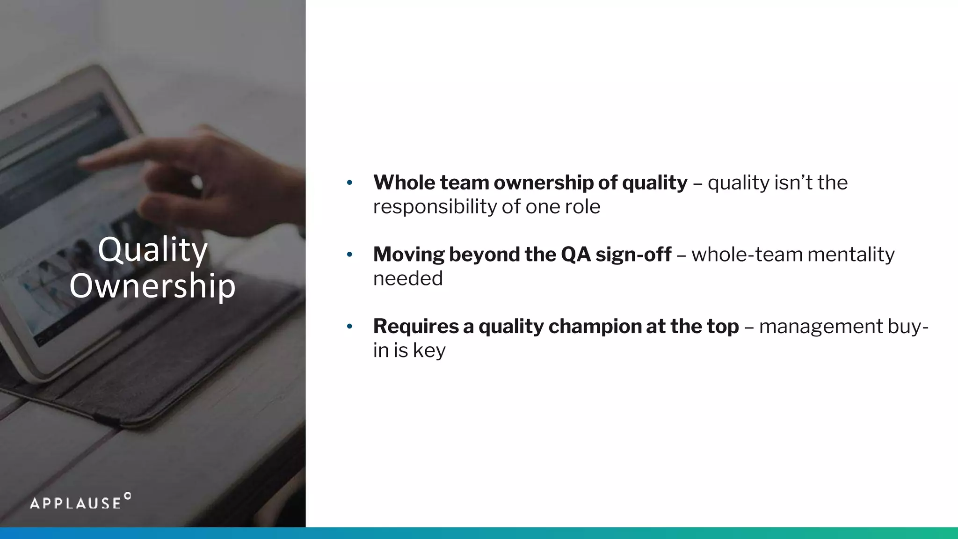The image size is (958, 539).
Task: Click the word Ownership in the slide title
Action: (x=152, y=285)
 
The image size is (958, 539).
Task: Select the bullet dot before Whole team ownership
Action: (x=349, y=182)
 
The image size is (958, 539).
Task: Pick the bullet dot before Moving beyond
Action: (x=349, y=255)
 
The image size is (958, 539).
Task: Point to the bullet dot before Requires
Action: (x=349, y=326)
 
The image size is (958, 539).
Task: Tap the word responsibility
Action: (x=435, y=207)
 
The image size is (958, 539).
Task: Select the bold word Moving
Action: (x=408, y=255)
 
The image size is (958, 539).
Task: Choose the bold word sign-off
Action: (x=633, y=255)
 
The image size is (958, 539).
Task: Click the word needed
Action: (x=407, y=279)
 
